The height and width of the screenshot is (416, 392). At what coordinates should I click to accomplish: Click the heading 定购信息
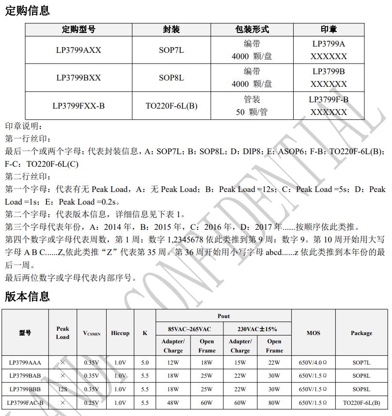(28, 10)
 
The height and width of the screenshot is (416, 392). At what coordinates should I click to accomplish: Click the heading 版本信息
(28, 296)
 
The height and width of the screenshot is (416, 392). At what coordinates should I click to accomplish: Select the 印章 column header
(329, 30)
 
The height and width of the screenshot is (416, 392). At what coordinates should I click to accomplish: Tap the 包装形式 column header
(252, 30)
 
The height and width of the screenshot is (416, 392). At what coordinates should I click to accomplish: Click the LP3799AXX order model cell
(78, 50)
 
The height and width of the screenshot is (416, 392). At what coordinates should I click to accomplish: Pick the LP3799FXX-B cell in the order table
(78, 105)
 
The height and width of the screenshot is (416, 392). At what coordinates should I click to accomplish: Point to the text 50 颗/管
(252, 112)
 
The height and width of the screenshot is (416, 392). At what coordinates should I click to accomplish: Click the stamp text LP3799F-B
(329, 99)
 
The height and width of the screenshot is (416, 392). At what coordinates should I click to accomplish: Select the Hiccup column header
(120, 333)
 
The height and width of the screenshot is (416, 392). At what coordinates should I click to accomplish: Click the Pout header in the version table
(223, 316)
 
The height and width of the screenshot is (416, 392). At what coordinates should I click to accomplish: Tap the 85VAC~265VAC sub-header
(189, 329)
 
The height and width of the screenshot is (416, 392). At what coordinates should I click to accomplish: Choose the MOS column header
(313, 333)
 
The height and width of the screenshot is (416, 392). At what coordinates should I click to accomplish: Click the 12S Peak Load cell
(63, 389)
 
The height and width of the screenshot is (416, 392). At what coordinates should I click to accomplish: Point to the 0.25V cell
(92, 402)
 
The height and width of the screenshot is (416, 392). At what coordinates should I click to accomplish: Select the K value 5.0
(145, 362)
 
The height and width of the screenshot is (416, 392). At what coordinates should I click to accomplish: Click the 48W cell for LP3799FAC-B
(173, 402)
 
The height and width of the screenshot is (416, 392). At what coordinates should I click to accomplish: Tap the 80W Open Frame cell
(274, 402)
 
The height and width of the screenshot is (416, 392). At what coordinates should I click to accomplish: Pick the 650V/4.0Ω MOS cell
(313, 362)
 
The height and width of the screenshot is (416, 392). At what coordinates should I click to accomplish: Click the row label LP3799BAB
(25, 376)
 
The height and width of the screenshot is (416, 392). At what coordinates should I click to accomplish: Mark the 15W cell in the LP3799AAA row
(240, 362)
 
